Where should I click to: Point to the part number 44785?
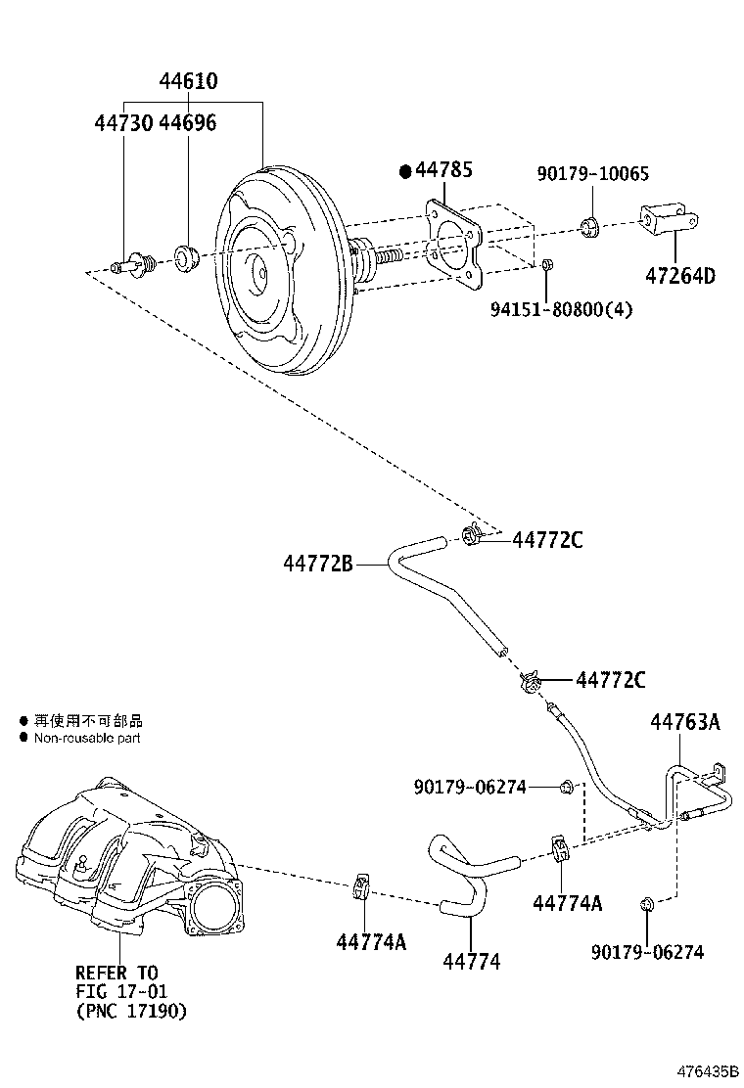[443, 170]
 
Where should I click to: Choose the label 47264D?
[679, 275]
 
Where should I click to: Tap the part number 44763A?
[684, 722]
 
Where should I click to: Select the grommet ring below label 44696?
[186, 257]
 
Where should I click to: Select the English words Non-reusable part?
[87, 738]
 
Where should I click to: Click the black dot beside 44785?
[405, 171]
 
